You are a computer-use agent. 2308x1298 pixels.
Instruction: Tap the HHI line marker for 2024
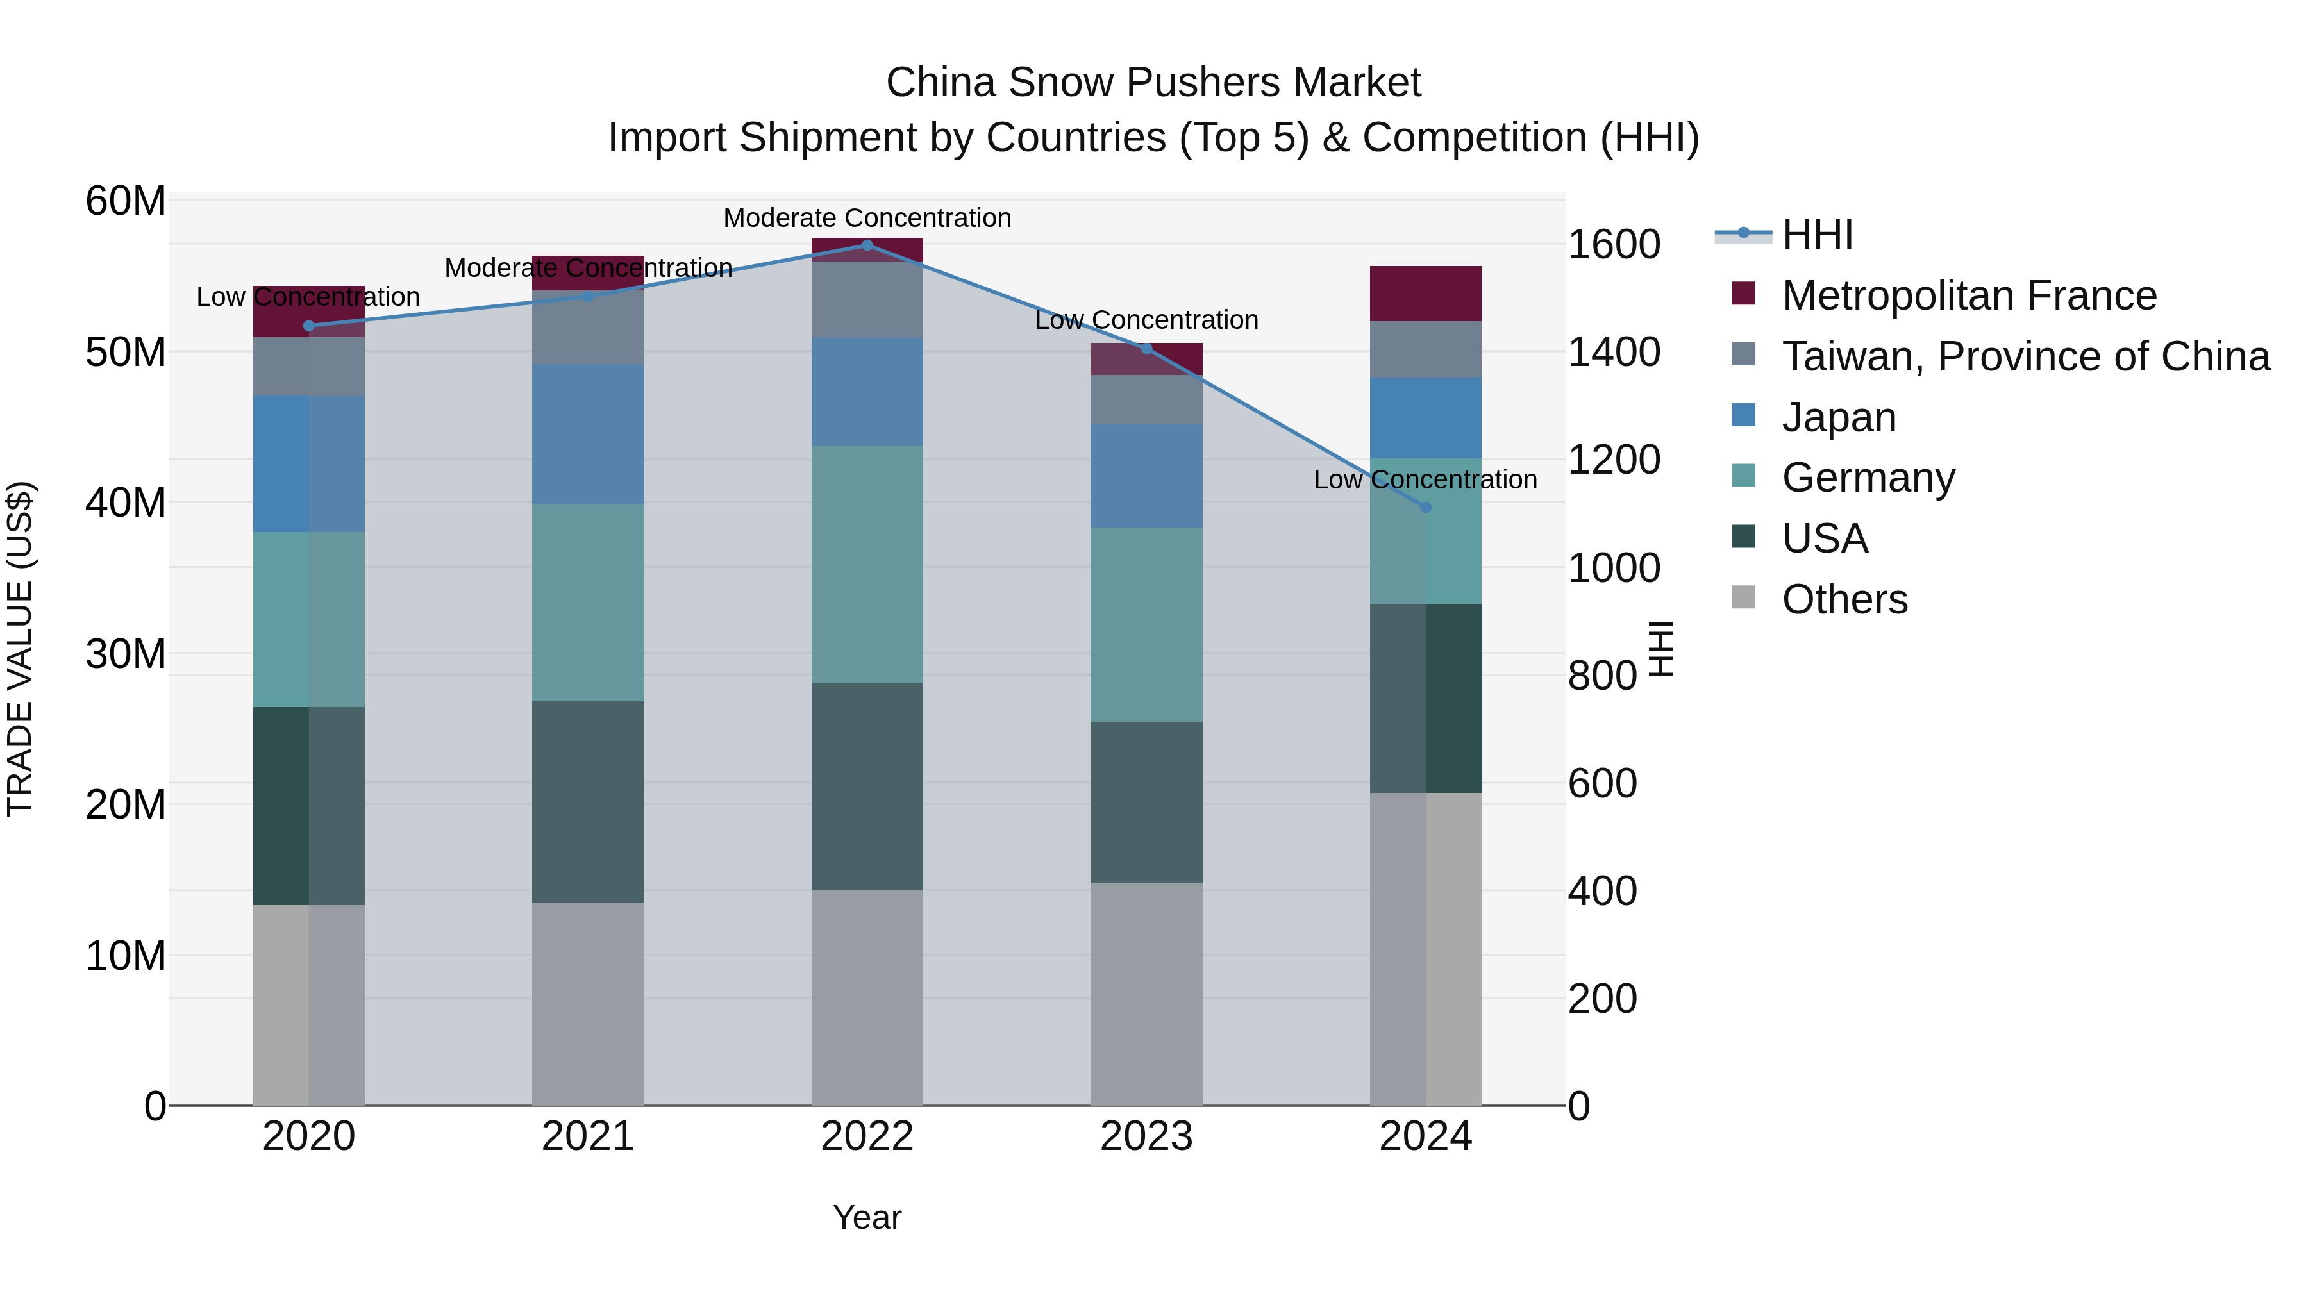(x=1425, y=507)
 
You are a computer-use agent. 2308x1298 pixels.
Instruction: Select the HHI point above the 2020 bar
(x=309, y=326)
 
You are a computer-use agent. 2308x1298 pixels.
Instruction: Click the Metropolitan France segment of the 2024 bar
(x=1425, y=294)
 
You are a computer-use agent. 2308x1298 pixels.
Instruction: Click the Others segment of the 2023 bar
(x=1146, y=994)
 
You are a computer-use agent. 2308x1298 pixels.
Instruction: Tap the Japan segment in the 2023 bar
(x=1146, y=476)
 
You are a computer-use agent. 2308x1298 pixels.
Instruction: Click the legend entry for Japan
(x=1839, y=417)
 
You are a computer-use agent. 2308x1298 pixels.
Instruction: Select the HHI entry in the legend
(x=1817, y=235)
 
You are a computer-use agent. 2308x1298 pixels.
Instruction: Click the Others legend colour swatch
(x=1744, y=597)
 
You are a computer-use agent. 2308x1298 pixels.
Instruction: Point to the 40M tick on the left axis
(x=126, y=503)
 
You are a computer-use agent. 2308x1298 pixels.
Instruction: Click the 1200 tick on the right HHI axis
(x=1614, y=460)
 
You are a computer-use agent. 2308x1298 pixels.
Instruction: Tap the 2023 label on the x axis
(x=1146, y=1136)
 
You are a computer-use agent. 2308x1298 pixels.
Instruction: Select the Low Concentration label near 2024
(x=1425, y=479)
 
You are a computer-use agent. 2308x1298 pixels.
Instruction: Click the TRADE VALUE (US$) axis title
(x=20, y=649)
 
